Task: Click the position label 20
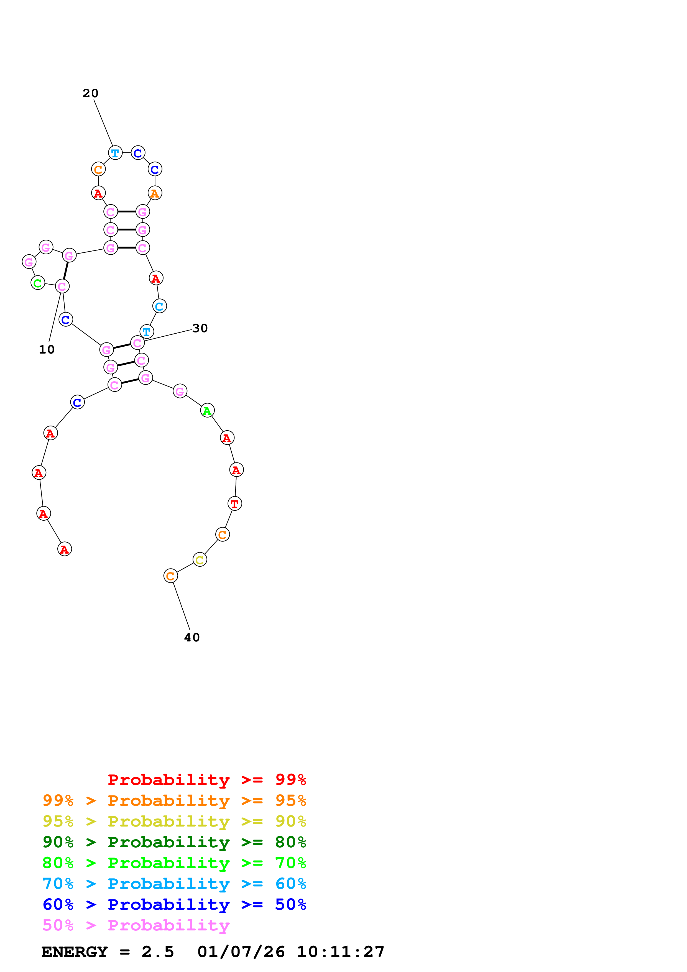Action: [x=90, y=93]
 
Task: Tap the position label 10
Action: [x=47, y=350]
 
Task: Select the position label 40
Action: [x=192, y=638]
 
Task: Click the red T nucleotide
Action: [x=234, y=504]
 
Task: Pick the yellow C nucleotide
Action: [x=200, y=560]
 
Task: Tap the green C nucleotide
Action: [x=38, y=283]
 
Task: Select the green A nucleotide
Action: [x=207, y=410]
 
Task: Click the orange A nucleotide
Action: [x=155, y=193]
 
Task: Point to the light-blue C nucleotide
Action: [x=159, y=306]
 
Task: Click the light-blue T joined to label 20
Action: [x=115, y=153]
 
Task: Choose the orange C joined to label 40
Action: [x=170, y=576]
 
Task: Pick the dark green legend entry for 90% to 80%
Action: [x=174, y=842]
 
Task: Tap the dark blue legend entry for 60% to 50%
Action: [x=174, y=904]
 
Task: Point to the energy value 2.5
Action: [x=157, y=952]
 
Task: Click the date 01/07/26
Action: [x=241, y=952]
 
